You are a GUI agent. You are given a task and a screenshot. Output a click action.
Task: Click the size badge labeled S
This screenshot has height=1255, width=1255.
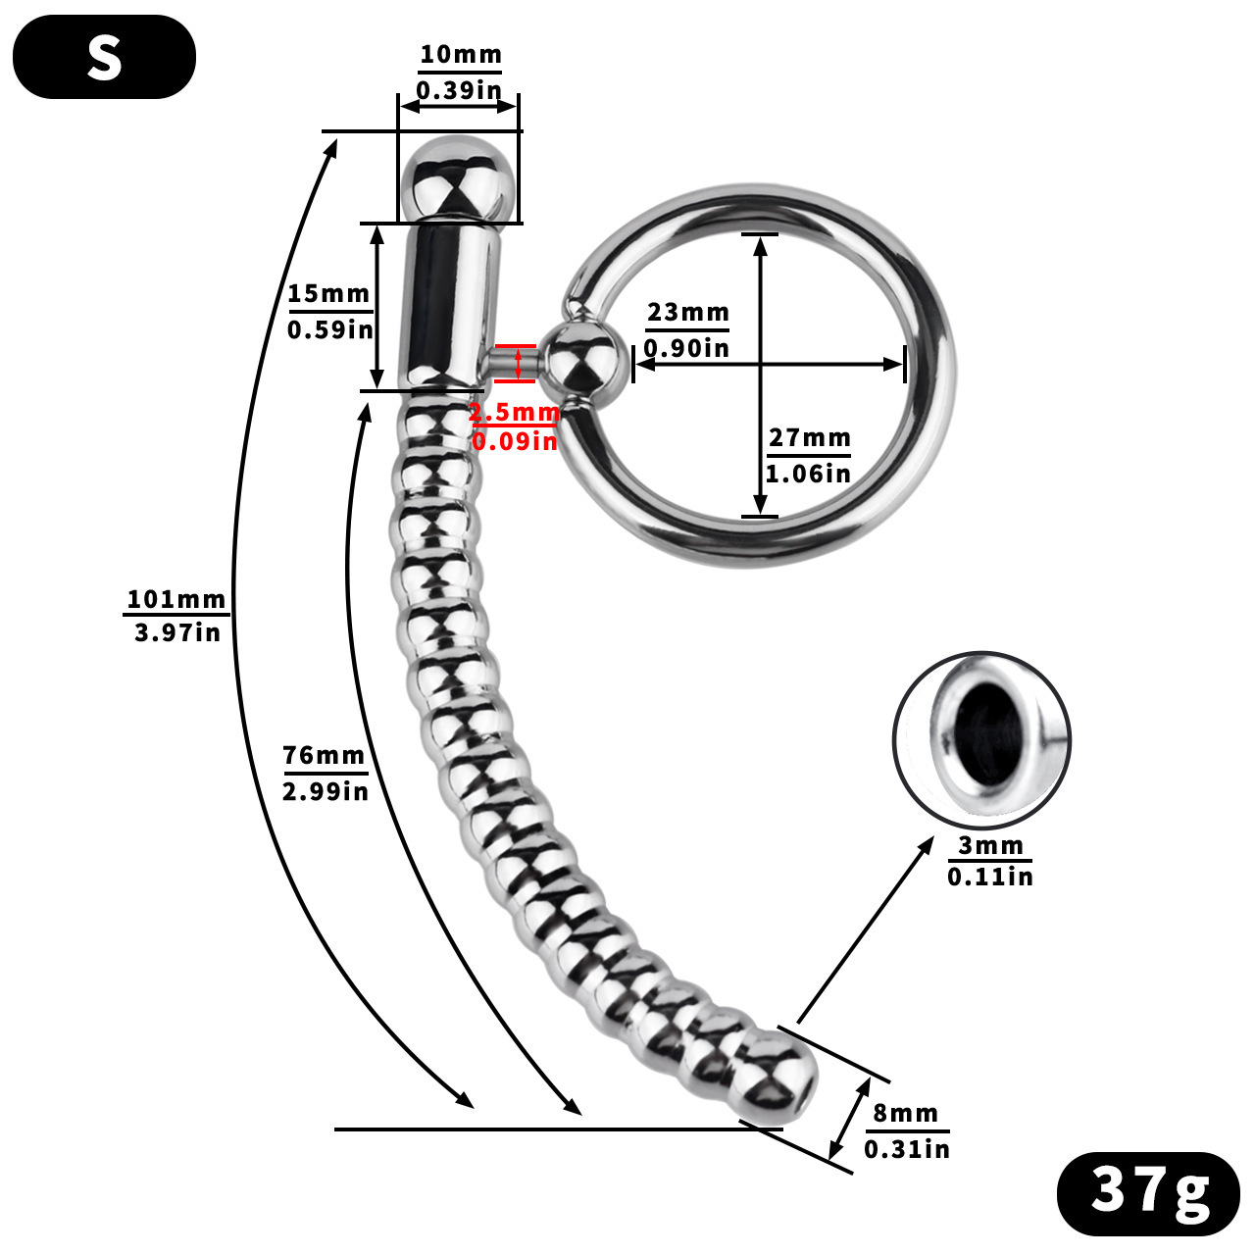point(104,57)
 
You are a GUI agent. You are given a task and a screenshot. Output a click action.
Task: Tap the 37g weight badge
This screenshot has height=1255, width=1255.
point(1148,1191)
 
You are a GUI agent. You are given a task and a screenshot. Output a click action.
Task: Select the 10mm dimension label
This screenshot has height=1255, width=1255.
point(460,55)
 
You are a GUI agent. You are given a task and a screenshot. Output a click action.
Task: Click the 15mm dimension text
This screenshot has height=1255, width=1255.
point(328,294)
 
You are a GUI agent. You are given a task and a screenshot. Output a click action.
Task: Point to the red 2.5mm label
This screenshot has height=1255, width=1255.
point(513,413)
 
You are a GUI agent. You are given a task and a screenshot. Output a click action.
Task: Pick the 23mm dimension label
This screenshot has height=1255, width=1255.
point(687,313)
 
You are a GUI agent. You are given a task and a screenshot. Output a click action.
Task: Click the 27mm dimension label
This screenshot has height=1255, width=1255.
point(809,438)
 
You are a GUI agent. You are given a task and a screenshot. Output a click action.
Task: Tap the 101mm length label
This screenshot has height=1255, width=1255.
point(176,599)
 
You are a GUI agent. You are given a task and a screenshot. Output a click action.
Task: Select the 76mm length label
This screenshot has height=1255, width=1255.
point(324,756)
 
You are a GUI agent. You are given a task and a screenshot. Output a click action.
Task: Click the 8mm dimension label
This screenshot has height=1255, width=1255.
point(905,1114)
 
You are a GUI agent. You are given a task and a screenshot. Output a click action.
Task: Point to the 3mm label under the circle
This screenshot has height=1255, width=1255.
point(990,845)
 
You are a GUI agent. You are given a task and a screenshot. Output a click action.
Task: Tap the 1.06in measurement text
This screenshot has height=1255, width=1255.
point(808,474)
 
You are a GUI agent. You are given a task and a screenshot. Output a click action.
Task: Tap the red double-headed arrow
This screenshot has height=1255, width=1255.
point(518,363)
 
